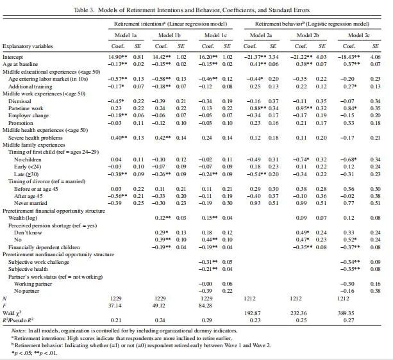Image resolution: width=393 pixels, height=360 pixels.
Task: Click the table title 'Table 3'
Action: pyautogui.click(x=197, y=8)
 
